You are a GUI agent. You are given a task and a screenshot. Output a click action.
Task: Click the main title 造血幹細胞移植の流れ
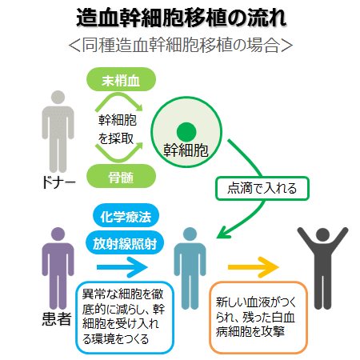point(181,18)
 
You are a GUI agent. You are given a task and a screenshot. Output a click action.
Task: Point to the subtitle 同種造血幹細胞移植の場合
point(181,45)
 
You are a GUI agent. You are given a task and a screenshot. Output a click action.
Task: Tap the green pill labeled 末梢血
point(121,79)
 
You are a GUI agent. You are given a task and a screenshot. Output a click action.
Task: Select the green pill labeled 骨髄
point(121,176)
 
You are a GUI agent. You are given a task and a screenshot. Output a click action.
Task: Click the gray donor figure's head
point(58,98)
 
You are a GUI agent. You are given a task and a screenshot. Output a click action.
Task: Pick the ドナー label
point(58,182)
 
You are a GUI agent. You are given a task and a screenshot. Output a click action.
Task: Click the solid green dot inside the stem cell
point(186,132)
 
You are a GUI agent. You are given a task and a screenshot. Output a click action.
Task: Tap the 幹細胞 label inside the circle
point(186,150)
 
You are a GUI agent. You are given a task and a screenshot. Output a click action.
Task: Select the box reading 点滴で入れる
point(262,188)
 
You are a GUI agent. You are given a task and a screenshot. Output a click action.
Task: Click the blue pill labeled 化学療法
point(126,216)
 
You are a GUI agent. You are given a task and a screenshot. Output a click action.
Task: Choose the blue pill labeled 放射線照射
point(125,243)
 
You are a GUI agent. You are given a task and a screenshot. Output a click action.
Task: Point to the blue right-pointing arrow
point(122,267)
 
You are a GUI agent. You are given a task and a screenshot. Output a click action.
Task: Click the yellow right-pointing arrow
point(254,267)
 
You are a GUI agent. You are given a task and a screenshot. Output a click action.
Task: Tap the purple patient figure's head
point(58,234)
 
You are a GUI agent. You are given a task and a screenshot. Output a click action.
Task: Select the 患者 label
point(57,319)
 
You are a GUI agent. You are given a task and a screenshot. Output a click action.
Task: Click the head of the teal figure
point(190,234)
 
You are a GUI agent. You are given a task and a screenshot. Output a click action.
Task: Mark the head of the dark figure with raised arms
point(323,235)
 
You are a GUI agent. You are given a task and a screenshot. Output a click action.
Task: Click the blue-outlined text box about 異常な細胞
point(125,318)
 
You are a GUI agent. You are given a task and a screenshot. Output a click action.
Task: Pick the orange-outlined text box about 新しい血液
point(258,318)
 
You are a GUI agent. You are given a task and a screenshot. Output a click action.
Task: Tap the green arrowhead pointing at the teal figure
point(223,233)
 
